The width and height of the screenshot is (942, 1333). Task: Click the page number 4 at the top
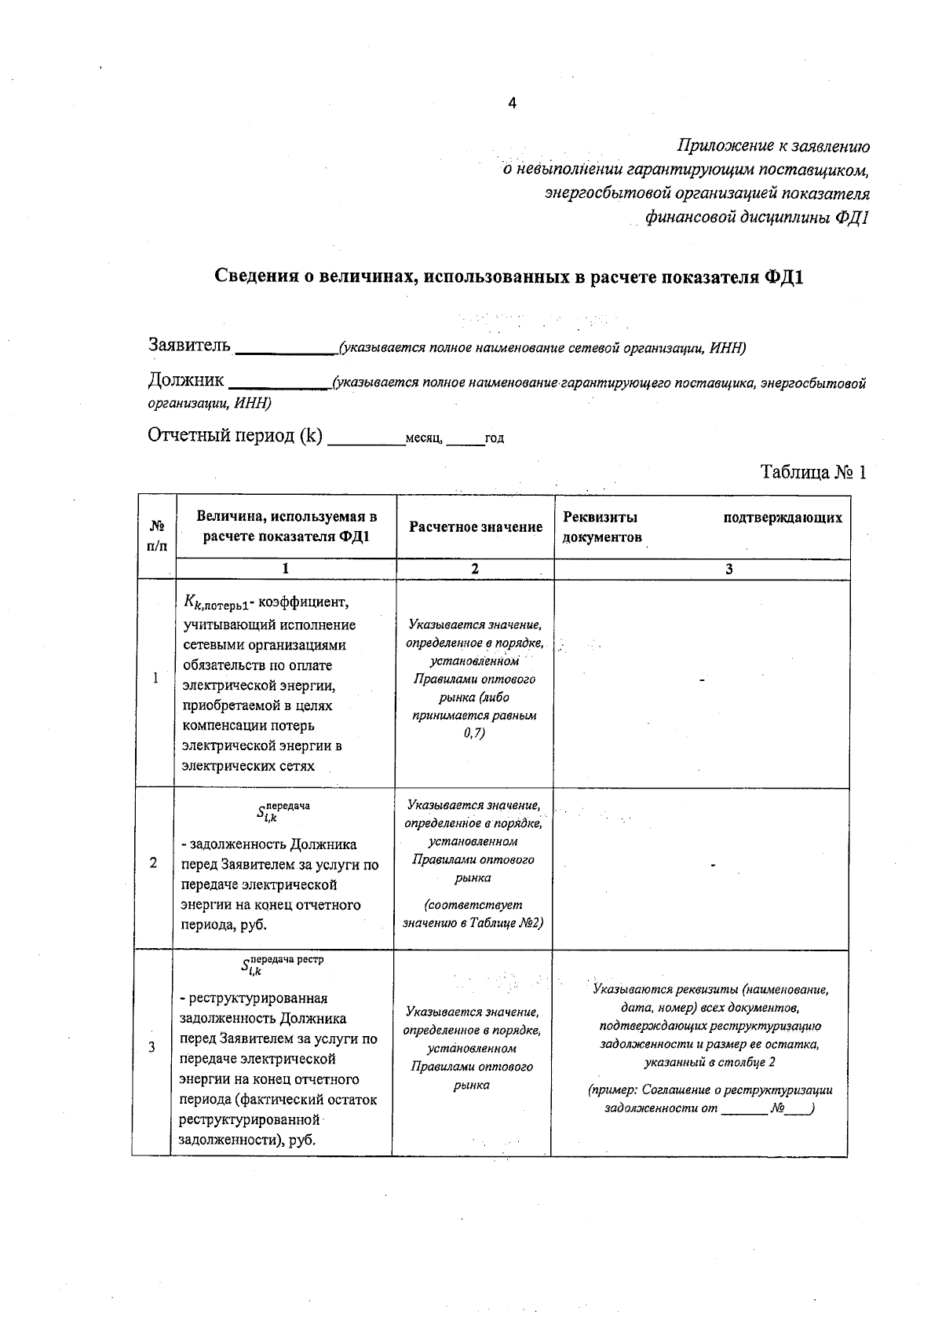(512, 103)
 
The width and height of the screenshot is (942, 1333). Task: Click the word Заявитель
(189, 345)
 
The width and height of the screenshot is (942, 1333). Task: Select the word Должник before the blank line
(186, 381)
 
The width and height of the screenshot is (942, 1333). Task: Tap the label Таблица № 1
(812, 472)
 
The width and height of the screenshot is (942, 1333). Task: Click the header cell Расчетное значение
(475, 527)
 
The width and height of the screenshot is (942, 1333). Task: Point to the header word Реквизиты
(600, 517)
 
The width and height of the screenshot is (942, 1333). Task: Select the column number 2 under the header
(474, 569)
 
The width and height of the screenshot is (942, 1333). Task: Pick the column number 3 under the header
(728, 569)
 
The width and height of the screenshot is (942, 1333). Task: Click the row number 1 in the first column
(155, 678)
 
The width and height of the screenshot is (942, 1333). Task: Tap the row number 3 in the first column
(152, 1047)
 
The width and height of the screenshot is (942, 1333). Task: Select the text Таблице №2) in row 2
(506, 923)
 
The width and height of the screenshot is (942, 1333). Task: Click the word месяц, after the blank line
(425, 438)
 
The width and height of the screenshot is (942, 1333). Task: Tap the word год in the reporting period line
(495, 438)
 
